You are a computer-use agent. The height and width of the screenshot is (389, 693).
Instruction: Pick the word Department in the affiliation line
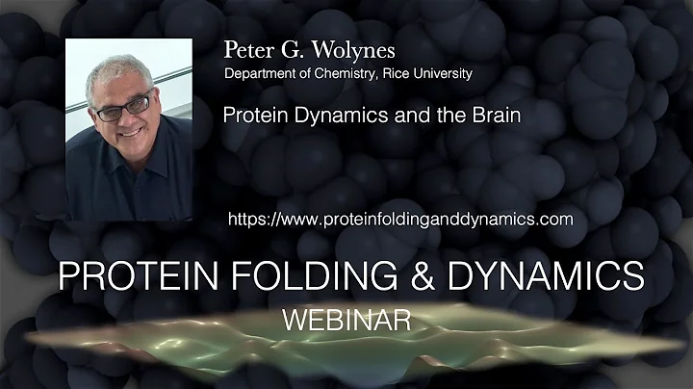tap(261, 73)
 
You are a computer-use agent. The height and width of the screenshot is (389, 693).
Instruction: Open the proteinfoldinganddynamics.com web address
tap(400, 219)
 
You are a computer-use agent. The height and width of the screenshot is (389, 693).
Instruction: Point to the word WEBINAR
tap(348, 318)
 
